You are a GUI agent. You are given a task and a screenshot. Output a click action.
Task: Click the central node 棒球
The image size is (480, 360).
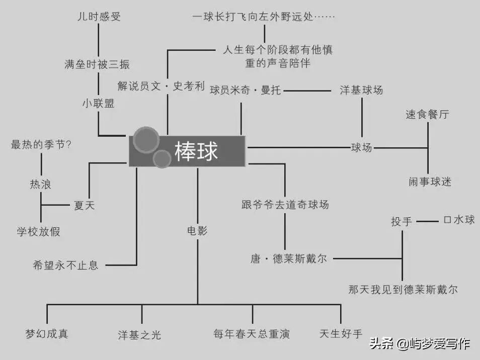coord(196,151)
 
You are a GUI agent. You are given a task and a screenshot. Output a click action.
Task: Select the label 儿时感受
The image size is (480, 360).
coord(99,17)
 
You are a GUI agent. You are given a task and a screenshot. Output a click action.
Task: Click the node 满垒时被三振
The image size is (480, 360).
coord(97,64)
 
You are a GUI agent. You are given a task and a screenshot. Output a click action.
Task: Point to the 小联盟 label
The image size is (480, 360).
coord(98,103)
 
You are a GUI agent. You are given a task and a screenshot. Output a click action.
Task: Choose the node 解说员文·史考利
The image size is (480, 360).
coord(161,86)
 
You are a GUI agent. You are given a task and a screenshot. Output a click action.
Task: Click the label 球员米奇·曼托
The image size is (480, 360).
coord(245,91)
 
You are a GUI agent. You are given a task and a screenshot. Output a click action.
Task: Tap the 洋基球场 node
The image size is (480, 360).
coord(361,90)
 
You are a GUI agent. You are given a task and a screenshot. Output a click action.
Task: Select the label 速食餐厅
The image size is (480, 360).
coord(427,114)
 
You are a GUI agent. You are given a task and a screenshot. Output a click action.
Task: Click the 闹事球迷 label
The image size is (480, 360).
coord(430,182)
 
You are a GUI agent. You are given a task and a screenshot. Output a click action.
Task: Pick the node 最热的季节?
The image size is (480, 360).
coord(41,145)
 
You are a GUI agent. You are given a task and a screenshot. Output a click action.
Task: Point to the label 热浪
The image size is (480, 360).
coord(40,185)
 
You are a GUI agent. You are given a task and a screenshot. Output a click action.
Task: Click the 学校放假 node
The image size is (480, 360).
coord(38,231)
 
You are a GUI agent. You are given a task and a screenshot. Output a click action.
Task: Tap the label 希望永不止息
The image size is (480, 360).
coord(65,265)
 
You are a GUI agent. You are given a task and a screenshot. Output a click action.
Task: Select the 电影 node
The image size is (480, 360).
coord(197,231)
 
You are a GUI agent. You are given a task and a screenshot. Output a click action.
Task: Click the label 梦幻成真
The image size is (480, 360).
coord(46,333)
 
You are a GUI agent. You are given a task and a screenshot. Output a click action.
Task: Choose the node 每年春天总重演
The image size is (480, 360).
coord(252,334)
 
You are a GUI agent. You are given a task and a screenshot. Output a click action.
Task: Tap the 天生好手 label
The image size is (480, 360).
coord(341,333)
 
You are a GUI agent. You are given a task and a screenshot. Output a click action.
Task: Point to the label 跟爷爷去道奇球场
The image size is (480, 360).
coord(285,205)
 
